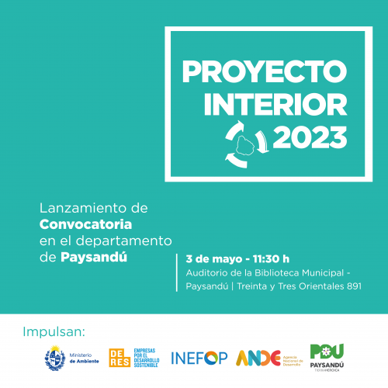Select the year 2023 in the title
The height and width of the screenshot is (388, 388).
[310, 137]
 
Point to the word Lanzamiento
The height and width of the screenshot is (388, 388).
[81, 209]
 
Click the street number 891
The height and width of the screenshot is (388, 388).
[354, 286]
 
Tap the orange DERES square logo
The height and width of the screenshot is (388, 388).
[120, 358]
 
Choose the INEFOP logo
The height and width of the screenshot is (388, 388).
[200, 359]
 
